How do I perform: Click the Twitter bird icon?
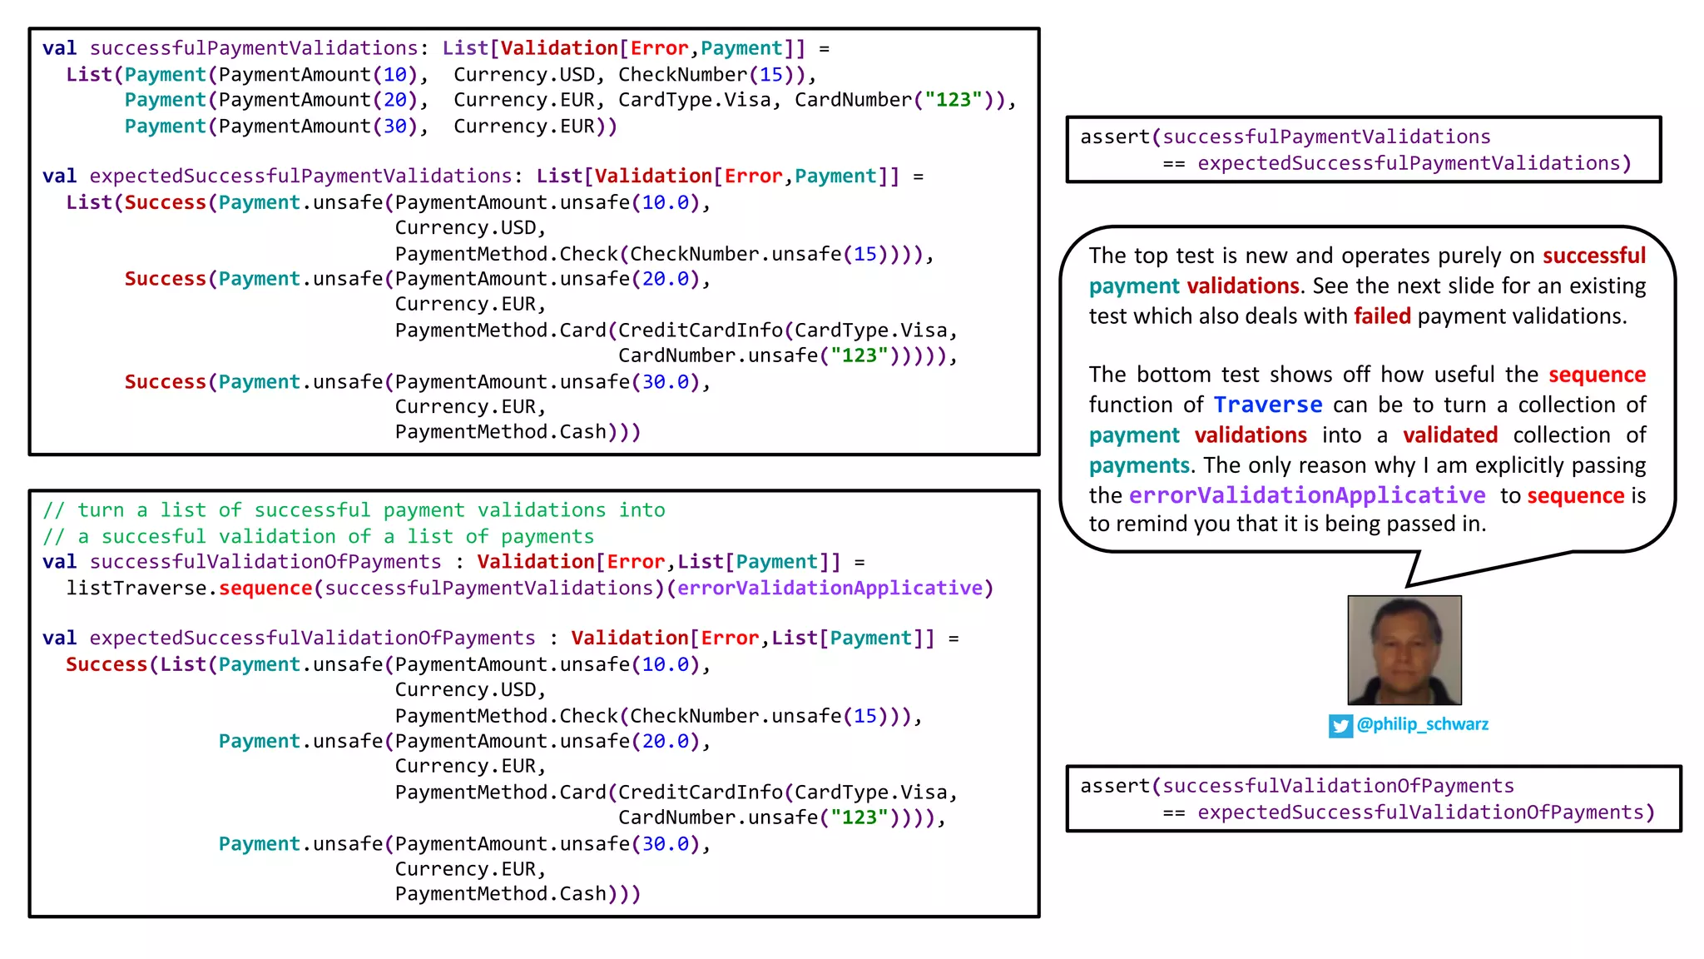point(1340,726)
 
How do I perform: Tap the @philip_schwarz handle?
point(1422,724)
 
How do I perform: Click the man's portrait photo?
point(1404,650)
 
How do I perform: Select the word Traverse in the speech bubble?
point(1267,405)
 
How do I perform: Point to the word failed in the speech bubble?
point(1382,316)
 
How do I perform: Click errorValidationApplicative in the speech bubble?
point(1307,496)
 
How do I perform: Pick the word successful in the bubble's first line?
point(1593,256)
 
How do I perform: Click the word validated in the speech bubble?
point(1449,435)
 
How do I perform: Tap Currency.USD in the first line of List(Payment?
point(524,75)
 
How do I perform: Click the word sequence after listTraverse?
point(265,589)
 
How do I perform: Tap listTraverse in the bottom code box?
point(136,589)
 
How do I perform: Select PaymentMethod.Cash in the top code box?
point(500,432)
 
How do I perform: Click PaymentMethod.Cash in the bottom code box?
point(500,894)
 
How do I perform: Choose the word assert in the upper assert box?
point(1114,137)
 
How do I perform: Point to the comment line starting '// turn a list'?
point(354,510)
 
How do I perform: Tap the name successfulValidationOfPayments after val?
point(265,562)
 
